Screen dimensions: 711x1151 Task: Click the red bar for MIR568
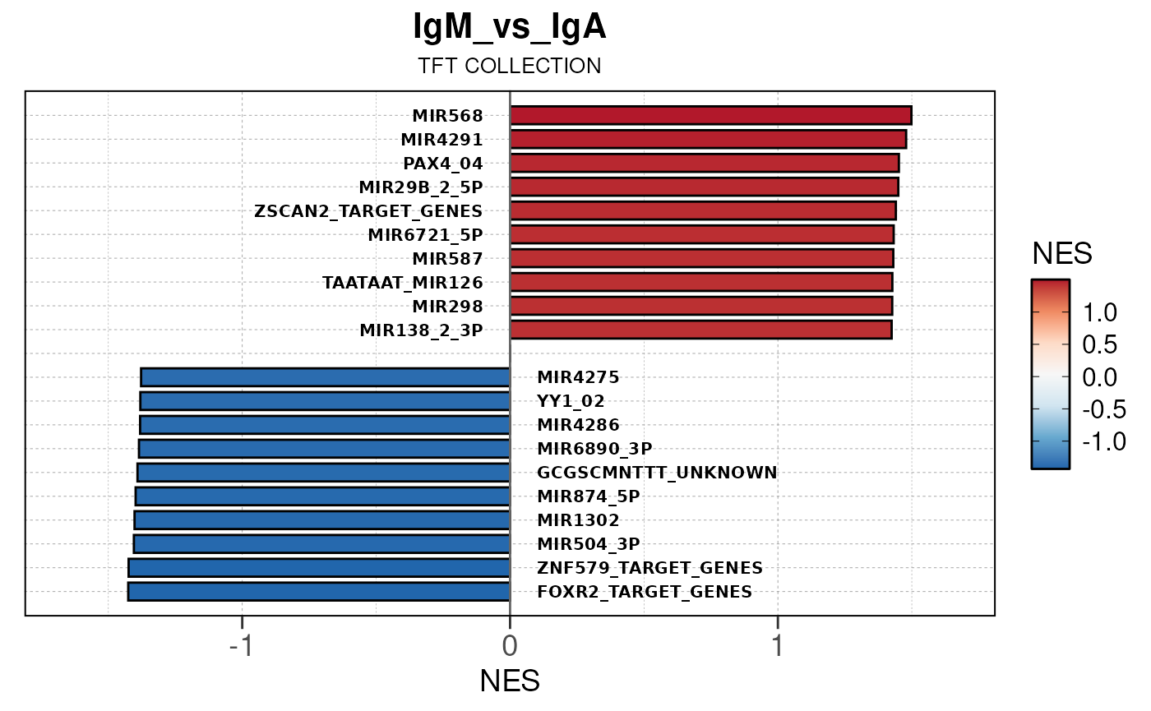pos(710,115)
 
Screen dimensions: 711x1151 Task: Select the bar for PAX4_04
pos(705,163)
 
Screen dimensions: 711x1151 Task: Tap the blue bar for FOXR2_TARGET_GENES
pos(319,592)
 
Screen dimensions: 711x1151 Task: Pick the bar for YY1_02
pos(325,401)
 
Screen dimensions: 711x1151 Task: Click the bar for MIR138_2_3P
pos(700,330)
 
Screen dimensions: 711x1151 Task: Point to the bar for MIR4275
pos(326,377)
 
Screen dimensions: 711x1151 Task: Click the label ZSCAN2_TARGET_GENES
pos(368,210)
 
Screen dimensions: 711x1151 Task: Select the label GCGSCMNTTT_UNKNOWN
pos(657,473)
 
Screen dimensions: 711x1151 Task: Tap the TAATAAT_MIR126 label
pos(402,283)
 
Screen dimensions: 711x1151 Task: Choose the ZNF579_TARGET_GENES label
pos(649,568)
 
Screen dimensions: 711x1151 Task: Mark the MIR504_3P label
pos(588,544)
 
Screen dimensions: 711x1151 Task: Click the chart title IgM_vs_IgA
pos(510,28)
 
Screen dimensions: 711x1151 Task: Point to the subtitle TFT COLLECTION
pos(510,66)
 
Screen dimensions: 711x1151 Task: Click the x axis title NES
pos(510,681)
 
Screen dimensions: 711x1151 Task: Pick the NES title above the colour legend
pos(1062,255)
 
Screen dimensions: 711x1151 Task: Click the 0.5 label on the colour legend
pos(1098,345)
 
